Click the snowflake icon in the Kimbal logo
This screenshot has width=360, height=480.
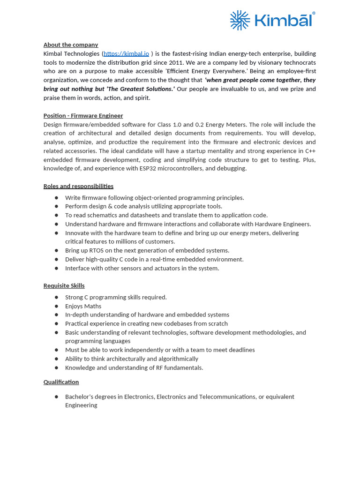tap(240, 21)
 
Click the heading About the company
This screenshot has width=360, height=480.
tap(71, 45)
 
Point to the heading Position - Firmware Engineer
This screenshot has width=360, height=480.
tap(83, 115)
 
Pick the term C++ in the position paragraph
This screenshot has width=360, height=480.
tap(310, 151)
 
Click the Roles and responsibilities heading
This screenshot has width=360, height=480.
tap(78, 186)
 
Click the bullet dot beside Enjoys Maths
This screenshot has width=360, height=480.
tap(56, 306)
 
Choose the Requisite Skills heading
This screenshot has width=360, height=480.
tap(64, 285)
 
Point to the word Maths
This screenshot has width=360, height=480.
tap(93, 306)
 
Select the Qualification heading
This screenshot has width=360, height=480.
tap(61, 382)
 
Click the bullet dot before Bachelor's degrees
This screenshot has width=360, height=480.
tap(56, 397)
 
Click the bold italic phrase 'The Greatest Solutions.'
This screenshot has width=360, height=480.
tap(140, 89)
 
